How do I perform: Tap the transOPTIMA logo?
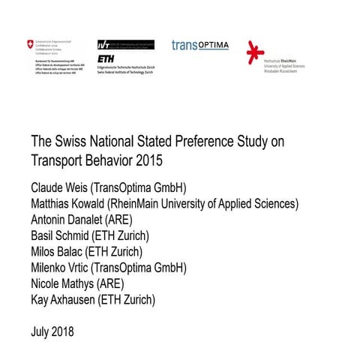pos(199,45)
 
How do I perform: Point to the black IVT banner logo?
pos(125,45)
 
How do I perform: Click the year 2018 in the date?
pos(61,330)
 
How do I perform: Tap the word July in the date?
pos(39,330)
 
